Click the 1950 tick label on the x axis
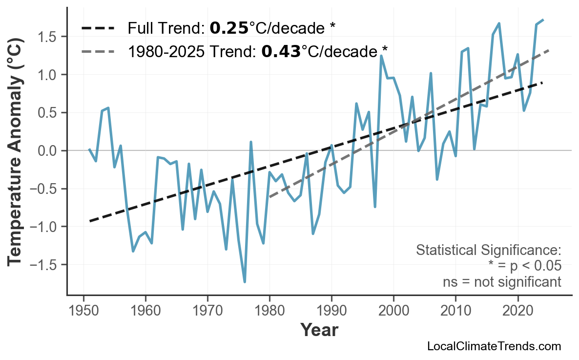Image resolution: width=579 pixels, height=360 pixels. tap(83, 311)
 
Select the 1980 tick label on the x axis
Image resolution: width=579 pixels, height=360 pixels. tap(269, 311)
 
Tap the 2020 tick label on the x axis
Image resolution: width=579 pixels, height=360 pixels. tap(517, 311)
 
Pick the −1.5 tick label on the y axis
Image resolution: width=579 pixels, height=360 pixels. tap(45, 265)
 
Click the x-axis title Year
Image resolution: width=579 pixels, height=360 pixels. tap(319, 330)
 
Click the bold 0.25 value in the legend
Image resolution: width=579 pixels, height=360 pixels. tap(229, 28)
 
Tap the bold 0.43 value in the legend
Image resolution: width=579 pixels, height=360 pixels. tap(281, 51)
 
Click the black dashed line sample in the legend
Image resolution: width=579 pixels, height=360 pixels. tap(98, 28)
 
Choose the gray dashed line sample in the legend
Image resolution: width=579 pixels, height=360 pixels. tap(98, 51)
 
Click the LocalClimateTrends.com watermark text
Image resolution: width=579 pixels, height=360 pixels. tap(494, 346)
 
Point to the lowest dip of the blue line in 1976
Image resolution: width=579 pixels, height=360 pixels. tap(245, 282)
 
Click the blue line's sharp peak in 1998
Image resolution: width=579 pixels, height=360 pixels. tap(381, 56)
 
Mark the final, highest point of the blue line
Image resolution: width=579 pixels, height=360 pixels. tap(543, 20)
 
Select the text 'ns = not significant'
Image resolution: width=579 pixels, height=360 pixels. tap(502, 282)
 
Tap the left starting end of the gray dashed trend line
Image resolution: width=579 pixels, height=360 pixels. tap(270, 197)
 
